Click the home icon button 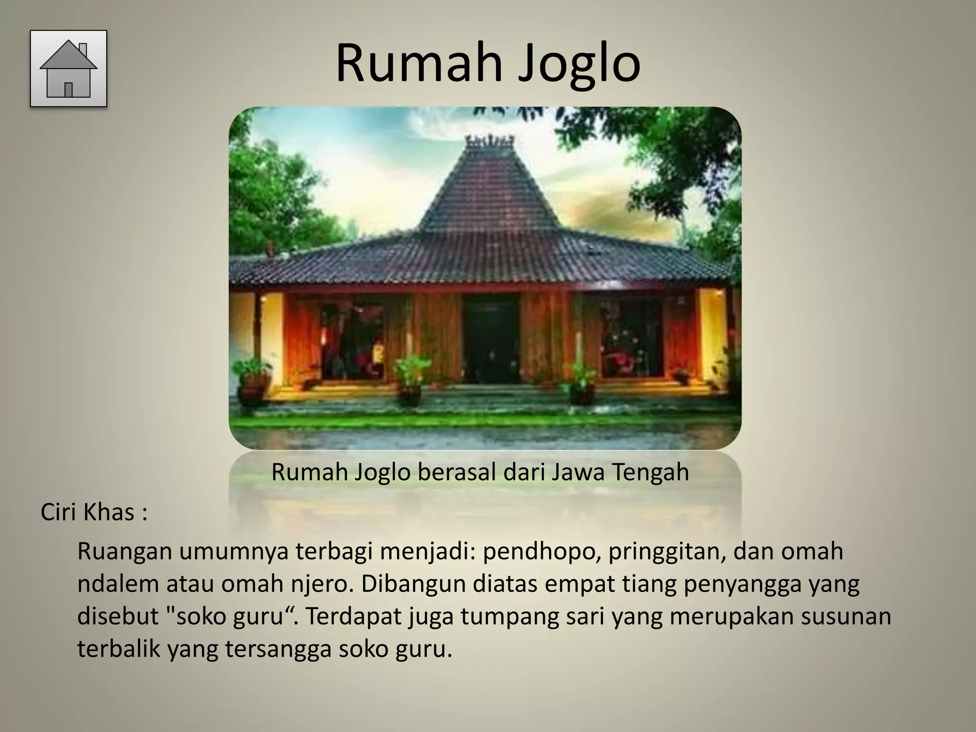point(68,68)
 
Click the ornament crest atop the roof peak point(490,142)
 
